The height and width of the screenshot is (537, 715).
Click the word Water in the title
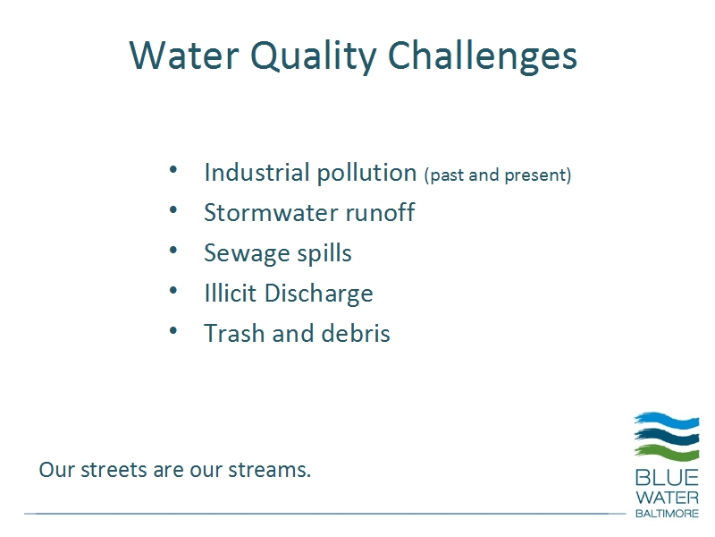tap(184, 55)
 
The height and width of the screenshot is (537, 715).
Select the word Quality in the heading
tap(314, 57)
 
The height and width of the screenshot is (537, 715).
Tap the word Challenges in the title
tap(483, 56)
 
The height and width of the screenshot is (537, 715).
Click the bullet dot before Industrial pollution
tap(173, 170)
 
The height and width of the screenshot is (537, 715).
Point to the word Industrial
tap(257, 173)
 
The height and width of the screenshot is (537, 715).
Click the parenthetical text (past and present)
tap(498, 175)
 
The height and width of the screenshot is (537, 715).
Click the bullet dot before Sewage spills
tap(173, 251)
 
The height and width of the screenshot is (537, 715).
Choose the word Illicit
tap(231, 293)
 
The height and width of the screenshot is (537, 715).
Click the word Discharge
tap(319, 294)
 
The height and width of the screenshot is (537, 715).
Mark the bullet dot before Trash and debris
tap(173, 330)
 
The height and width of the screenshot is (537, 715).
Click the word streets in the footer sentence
tap(114, 470)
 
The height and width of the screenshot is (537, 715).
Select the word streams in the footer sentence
tap(270, 470)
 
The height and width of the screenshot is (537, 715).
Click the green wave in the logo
tap(667, 452)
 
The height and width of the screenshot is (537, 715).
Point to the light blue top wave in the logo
tap(667, 420)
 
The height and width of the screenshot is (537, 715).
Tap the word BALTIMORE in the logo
tap(667, 513)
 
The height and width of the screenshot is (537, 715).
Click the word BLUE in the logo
tap(667, 478)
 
